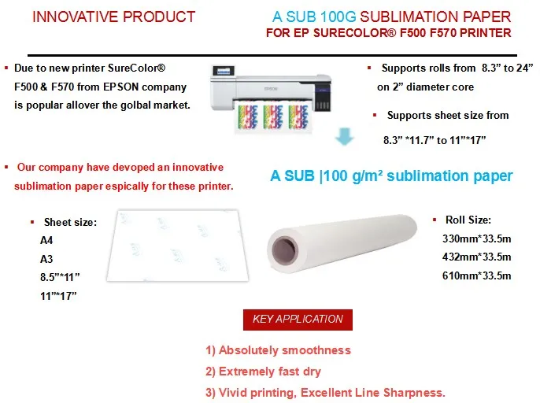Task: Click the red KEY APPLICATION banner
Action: [x=298, y=320]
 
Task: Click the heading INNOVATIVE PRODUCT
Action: [x=113, y=17]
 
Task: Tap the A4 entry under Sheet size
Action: [x=46, y=242]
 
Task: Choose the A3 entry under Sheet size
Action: [x=46, y=259]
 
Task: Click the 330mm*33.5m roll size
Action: [x=477, y=238]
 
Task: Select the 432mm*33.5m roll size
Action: [x=477, y=257]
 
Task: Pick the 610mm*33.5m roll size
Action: [x=477, y=275]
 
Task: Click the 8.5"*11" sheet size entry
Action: [x=60, y=277]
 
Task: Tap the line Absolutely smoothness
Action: [x=278, y=350]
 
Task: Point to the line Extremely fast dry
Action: [x=263, y=372]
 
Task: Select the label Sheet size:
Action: [x=70, y=223]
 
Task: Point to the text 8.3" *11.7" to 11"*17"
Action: [x=435, y=140]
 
